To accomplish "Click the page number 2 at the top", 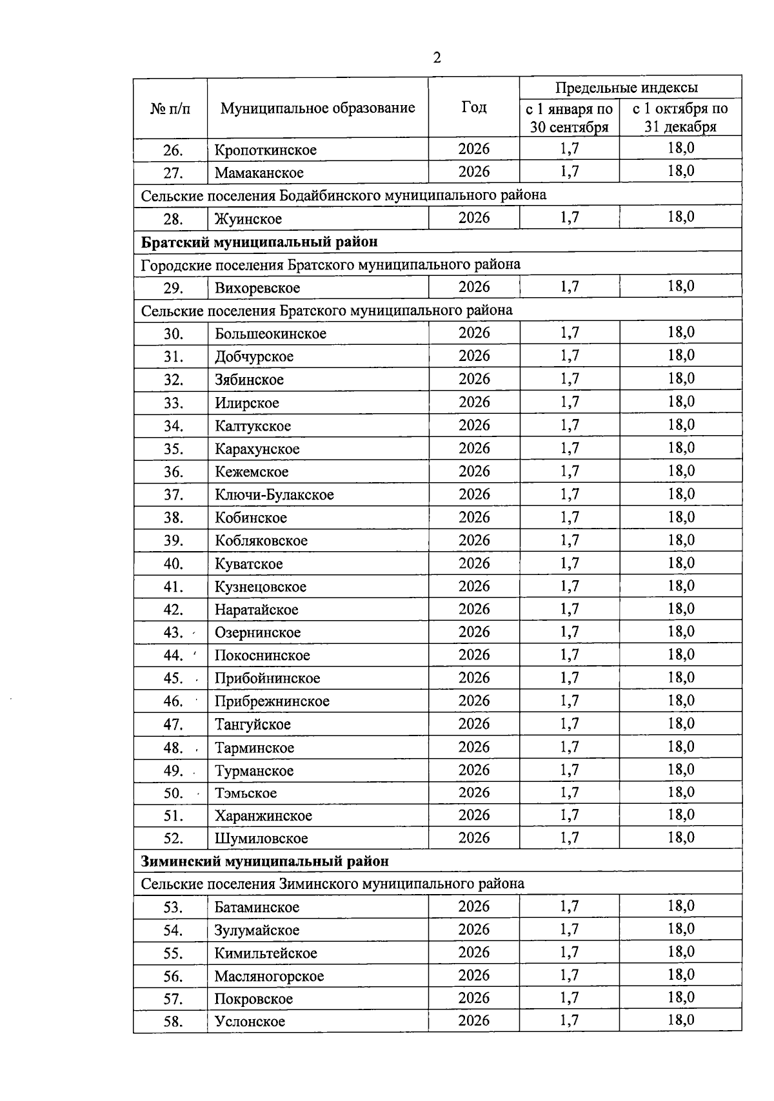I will point(437,59).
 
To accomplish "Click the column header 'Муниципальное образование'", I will point(317,108).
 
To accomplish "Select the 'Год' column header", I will point(474,107).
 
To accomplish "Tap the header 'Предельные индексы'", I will point(626,88).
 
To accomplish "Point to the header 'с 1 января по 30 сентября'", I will point(569,117).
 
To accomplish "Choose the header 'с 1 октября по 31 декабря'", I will point(680,117).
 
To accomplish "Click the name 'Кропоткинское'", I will point(266,150).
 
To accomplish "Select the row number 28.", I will point(173,219).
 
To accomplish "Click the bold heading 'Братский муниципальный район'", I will point(259,242).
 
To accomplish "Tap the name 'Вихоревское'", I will point(257,288).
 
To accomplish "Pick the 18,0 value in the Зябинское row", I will point(681,378).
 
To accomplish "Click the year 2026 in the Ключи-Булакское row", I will point(474,494).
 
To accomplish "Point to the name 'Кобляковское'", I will point(261,541).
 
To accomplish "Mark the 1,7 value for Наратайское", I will point(570,609).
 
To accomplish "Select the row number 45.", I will point(173,678).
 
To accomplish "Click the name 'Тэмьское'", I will point(246,793).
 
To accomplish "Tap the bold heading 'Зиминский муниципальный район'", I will point(265,861).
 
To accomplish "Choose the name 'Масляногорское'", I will point(269,976).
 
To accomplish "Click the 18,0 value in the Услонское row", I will point(681,1020).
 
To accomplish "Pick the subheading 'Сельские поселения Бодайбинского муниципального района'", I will point(343,195).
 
